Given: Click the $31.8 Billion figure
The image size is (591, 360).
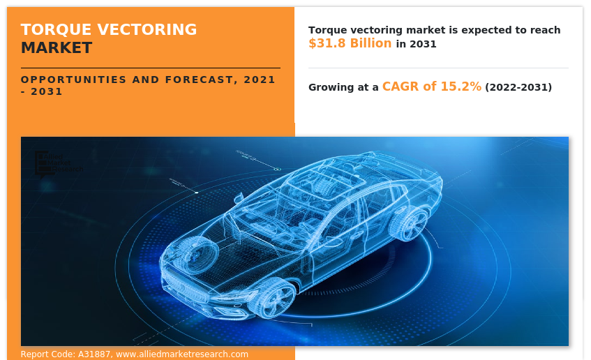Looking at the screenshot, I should click(350, 43).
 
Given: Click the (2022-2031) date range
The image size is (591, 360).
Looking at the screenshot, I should click(518, 87).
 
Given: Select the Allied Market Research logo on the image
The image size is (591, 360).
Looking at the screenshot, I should click(59, 162).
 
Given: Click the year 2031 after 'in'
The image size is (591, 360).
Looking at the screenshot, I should click(424, 44).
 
